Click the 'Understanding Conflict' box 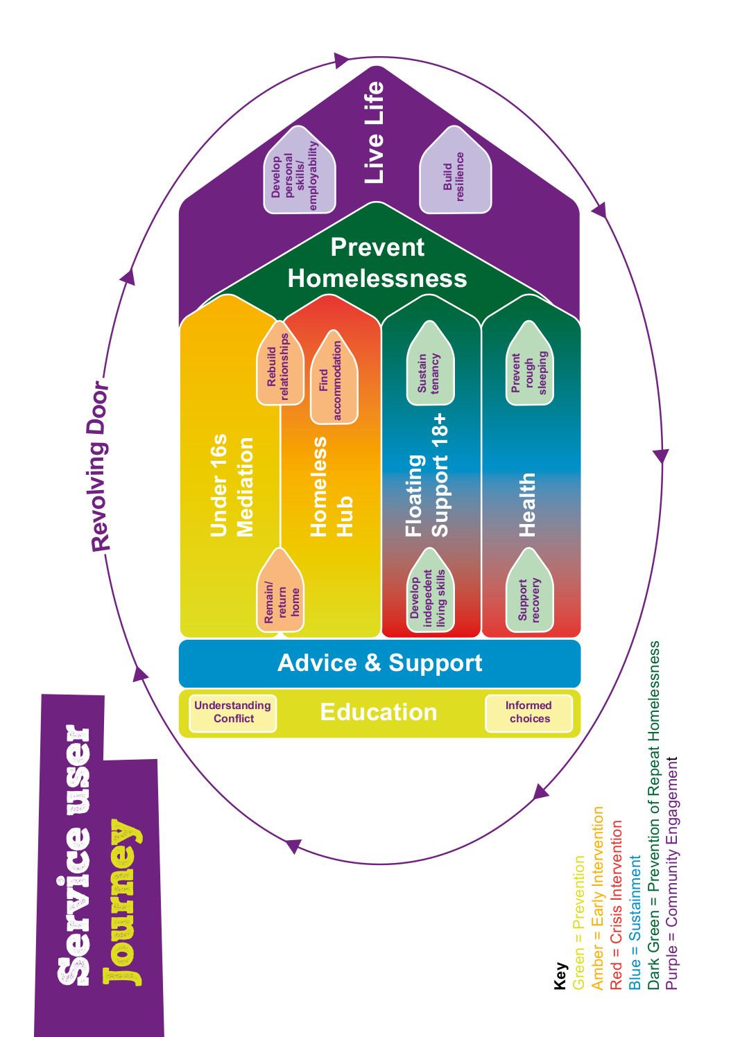coord(232,713)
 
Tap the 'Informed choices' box coord(528,713)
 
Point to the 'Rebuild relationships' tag coord(279,363)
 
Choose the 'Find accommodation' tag coord(334,376)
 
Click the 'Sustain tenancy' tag coord(430,363)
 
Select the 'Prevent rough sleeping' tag coord(529,363)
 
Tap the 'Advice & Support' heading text coord(379,663)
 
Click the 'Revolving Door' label coord(100,467)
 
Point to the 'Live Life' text coord(373,132)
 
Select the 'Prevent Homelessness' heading coord(377,263)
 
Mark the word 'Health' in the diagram coord(527,505)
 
